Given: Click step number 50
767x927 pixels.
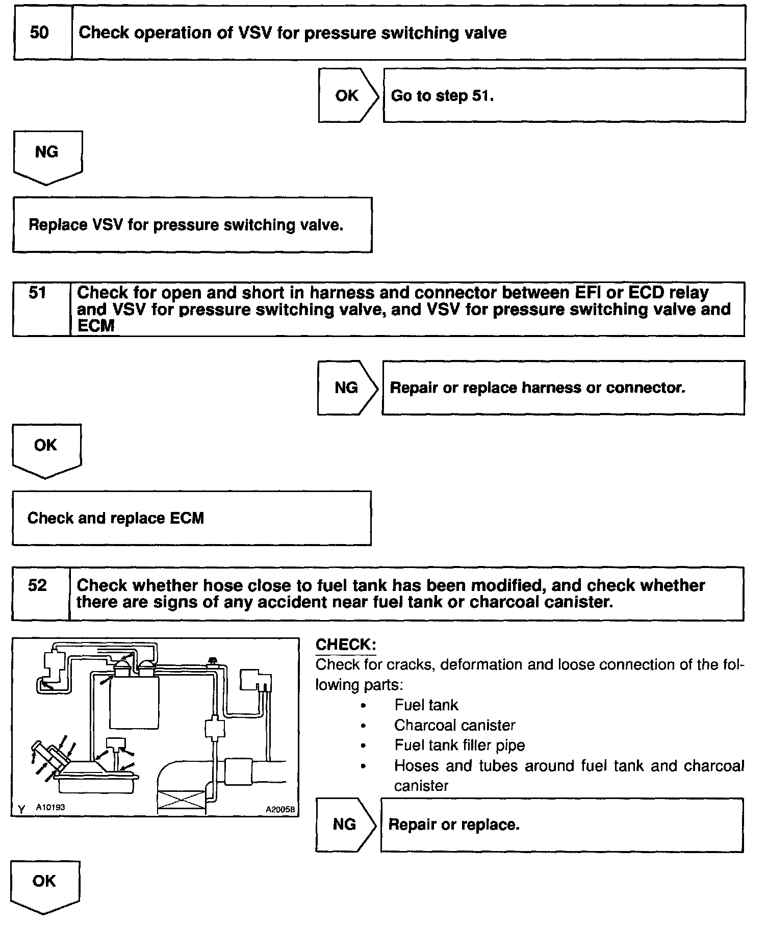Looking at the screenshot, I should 40,33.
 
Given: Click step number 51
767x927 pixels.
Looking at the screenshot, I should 38,293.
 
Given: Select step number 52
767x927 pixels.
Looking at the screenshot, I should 38,585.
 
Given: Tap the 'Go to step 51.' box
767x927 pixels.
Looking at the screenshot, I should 564,96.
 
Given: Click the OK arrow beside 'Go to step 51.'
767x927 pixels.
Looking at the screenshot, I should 348,96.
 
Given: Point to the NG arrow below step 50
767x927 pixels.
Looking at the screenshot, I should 47,155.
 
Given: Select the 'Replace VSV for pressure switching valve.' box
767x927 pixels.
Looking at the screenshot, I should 192,225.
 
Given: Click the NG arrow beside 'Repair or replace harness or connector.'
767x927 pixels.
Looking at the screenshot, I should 347,388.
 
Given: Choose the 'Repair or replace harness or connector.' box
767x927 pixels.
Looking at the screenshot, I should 563,388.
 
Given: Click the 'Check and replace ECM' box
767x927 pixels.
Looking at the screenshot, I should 191,518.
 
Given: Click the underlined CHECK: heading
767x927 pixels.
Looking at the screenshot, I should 345,645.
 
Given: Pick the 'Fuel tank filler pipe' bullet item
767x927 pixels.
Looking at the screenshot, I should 459,745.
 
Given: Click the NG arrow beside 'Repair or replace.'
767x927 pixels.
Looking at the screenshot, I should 345,825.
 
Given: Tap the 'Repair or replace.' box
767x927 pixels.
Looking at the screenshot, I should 561,825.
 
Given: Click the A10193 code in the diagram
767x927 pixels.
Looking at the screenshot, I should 50,807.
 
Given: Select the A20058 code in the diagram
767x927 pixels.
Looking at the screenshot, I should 281,809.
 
